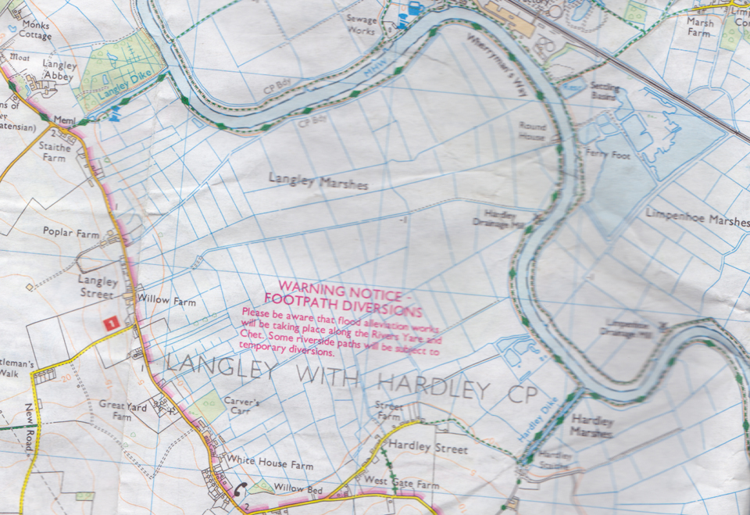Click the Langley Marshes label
[x=318, y=181]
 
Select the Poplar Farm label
[x=71, y=234]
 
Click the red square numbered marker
[x=111, y=321]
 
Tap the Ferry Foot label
[x=610, y=156]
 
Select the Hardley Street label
[x=428, y=449]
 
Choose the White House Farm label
[x=270, y=464]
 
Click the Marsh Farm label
[x=699, y=28]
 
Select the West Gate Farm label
[x=401, y=485]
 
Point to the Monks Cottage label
[x=34, y=30]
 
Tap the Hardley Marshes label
[x=591, y=425]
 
